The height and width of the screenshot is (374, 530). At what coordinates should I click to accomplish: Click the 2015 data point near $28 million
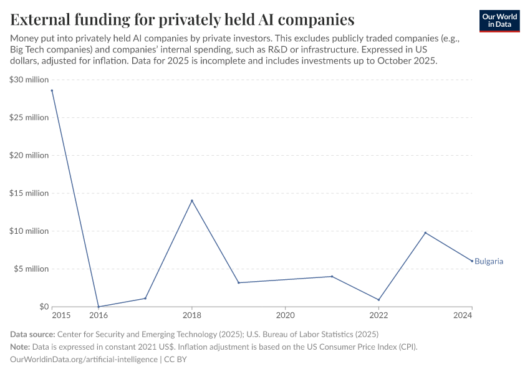pyautogui.click(x=52, y=90)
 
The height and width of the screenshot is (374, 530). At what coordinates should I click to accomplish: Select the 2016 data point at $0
pyautogui.click(x=99, y=307)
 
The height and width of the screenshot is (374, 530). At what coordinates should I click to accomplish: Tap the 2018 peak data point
pyautogui.click(x=192, y=201)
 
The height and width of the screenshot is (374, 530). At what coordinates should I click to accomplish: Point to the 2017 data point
pyautogui.click(x=145, y=298)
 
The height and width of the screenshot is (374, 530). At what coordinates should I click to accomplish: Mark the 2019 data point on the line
pyautogui.click(x=239, y=282)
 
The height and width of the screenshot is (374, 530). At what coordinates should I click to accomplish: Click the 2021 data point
pyautogui.click(x=332, y=276)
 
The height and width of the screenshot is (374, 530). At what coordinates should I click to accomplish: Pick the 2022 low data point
pyautogui.click(x=378, y=300)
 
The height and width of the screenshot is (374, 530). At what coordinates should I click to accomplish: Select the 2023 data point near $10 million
pyautogui.click(x=425, y=233)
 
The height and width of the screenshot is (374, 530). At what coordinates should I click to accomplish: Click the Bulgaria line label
pyautogui.click(x=488, y=261)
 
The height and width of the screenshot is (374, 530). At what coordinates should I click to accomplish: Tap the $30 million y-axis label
pyautogui.click(x=29, y=80)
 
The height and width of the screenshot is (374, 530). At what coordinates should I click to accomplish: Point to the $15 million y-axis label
pyautogui.click(x=29, y=193)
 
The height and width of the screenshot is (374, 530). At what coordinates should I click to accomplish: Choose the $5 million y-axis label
pyautogui.click(x=31, y=269)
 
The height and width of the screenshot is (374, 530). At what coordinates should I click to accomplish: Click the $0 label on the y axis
pyautogui.click(x=43, y=307)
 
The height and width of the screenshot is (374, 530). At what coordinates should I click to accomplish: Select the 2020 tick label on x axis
pyautogui.click(x=285, y=316)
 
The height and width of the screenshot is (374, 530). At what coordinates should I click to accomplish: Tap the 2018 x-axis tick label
pyautogui.click(x=192, y=316)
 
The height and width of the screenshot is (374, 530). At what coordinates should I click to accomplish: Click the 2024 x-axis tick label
pyautogui.click(x=463, y=316)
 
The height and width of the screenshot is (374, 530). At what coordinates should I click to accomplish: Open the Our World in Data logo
pyautogui.click(x=499, y=21)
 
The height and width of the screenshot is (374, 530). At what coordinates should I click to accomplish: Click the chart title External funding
pyautogui.click(x=182, y=19)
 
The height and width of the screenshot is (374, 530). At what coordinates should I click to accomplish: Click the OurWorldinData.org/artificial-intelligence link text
pyautogui.click(x=84, y=360)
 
